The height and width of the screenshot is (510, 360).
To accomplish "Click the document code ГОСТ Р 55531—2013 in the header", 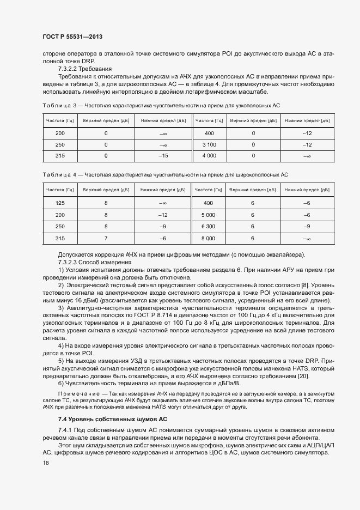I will (x=72, y=37).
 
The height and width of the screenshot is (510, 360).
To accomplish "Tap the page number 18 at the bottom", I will (x=46, y=463).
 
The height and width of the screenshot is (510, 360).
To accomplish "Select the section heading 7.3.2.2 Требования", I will (x=84, y=69).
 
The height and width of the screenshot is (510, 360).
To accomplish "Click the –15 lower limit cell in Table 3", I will (x=163, y=156).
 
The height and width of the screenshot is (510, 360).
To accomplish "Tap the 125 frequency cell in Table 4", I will (x=60, y=203).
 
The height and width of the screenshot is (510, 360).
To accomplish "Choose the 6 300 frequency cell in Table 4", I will (x=208, y=226).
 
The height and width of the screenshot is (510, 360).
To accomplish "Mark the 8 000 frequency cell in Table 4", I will (x=208, y=238).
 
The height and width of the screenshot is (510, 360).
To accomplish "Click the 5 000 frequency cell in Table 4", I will (x=208, y=215).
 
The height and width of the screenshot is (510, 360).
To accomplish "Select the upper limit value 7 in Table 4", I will (x=106, y=238).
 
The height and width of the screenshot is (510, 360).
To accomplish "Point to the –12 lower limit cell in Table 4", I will (x=163, y=215).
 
